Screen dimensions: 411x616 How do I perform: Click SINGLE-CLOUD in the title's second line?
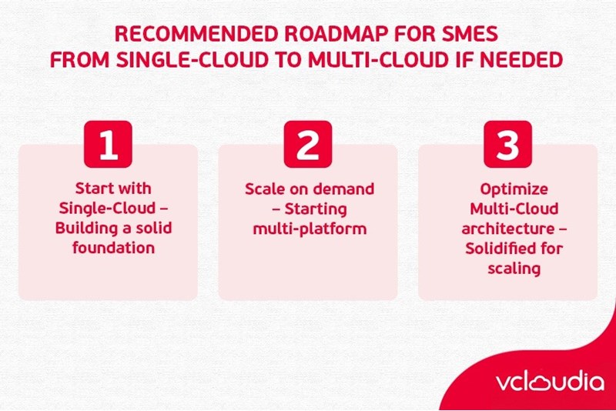point(192,61)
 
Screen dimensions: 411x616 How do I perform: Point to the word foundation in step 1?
point(109,248)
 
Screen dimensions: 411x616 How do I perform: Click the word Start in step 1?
point(92,188)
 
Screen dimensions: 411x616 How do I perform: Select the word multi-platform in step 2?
point(308,229)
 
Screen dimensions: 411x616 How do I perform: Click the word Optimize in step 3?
point(507,188)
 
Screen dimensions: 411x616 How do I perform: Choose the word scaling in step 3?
point(507,268)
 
